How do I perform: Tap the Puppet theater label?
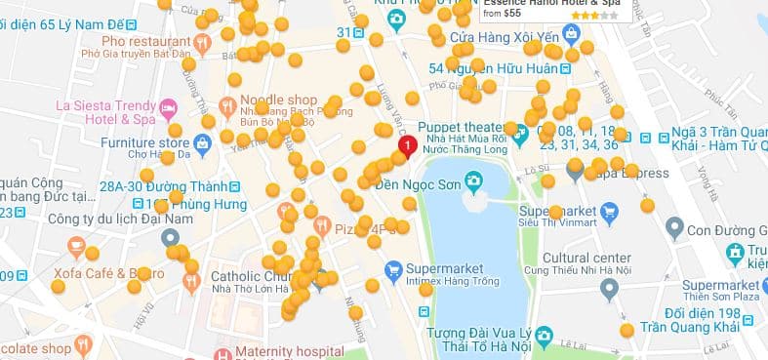point(461,127)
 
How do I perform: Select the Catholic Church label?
point(251,276)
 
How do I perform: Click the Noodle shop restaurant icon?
point(227,105)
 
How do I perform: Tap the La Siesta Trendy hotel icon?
point(169,105)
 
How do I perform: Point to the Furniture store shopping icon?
point(202,143)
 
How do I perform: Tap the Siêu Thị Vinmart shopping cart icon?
point(610,211)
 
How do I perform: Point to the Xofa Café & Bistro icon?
point(76,247)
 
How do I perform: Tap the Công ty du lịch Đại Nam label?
point(102,218)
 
